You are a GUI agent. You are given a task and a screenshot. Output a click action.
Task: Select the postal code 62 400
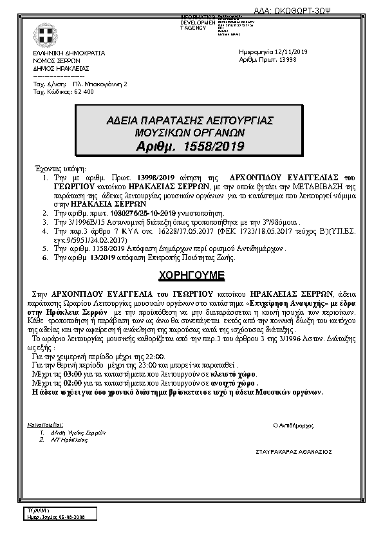[x=84, y=92]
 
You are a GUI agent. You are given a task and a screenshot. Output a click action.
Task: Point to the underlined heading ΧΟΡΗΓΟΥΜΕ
[x=191, y=275]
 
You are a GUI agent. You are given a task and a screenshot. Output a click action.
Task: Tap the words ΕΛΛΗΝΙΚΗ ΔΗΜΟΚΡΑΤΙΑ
[x=69, y=52]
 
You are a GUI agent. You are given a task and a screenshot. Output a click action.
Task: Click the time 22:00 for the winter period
[x=154, y=357]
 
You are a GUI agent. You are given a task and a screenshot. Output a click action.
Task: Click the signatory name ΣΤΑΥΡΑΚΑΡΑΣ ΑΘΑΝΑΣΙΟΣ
[x=294, y=451]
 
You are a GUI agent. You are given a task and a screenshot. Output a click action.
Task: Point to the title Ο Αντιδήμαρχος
[x=294, y=425]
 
